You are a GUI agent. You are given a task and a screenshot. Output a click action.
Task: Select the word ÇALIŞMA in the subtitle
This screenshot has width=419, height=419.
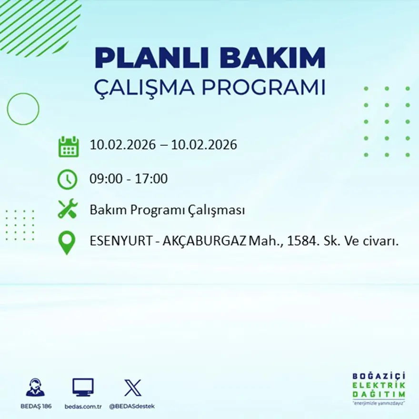145,89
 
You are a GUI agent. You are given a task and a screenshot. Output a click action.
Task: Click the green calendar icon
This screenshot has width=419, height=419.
68,147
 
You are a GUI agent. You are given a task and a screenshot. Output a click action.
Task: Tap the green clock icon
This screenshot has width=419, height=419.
67,180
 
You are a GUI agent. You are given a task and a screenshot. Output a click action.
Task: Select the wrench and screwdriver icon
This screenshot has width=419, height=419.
67,209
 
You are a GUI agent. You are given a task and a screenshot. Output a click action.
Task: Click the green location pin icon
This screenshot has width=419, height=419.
67,242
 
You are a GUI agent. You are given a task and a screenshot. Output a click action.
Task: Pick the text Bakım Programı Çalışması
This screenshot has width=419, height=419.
167,209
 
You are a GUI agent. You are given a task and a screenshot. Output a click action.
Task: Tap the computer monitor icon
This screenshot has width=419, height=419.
83,387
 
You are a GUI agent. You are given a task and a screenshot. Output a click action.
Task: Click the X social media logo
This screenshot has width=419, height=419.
132,387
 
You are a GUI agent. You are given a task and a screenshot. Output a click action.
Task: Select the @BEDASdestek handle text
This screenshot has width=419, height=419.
132,406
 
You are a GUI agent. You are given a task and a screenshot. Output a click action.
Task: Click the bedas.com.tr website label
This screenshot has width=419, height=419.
83,406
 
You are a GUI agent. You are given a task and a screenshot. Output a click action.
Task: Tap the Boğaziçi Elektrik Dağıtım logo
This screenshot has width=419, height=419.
379,388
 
